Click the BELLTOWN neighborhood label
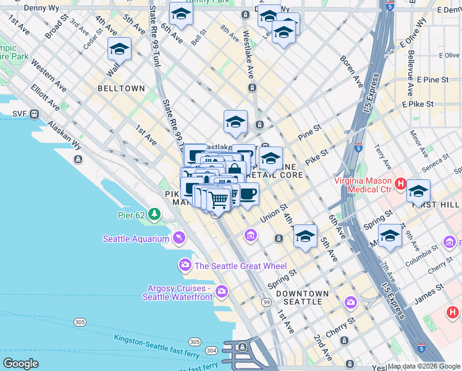(x=121, y=88)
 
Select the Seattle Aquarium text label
(x=136, y=239)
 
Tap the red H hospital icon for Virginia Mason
(x=400, y=184)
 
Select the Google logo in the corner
(x=20, y=363)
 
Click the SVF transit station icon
(x=33, y=114)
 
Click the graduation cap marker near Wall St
(x=120, y=49)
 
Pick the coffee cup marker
(x=248, y=194)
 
